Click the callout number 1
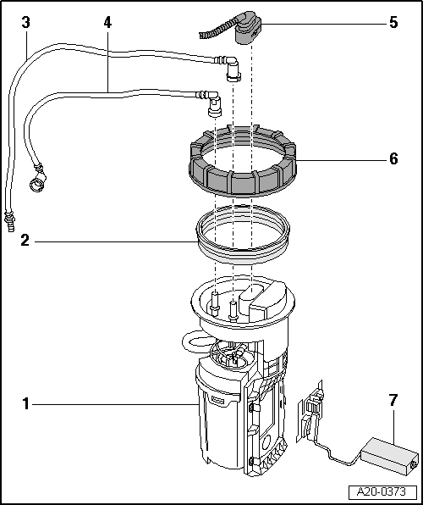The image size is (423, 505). [27, 405]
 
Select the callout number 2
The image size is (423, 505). [27, 241]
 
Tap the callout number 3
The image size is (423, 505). [27, 23]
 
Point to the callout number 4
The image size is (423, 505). [107, 23]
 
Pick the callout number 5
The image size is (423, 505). [393, 23]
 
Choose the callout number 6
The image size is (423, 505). [393, 158]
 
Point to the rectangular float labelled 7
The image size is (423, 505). [388, 453]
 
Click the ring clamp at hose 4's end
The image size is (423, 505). [36, 180]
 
